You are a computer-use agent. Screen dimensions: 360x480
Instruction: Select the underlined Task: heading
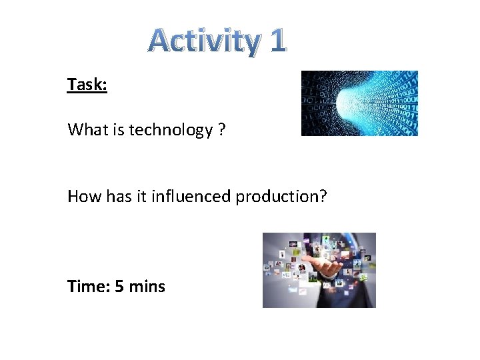click(87, 85)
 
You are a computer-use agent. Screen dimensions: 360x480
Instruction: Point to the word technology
click(170, 130)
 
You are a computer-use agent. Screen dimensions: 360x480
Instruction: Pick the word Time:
click(89, 287)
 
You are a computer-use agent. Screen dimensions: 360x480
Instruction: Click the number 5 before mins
click(119, 287)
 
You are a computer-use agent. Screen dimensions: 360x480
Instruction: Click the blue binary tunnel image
click(359, 103)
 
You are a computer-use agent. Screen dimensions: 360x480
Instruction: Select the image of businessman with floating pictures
click(319, 270)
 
